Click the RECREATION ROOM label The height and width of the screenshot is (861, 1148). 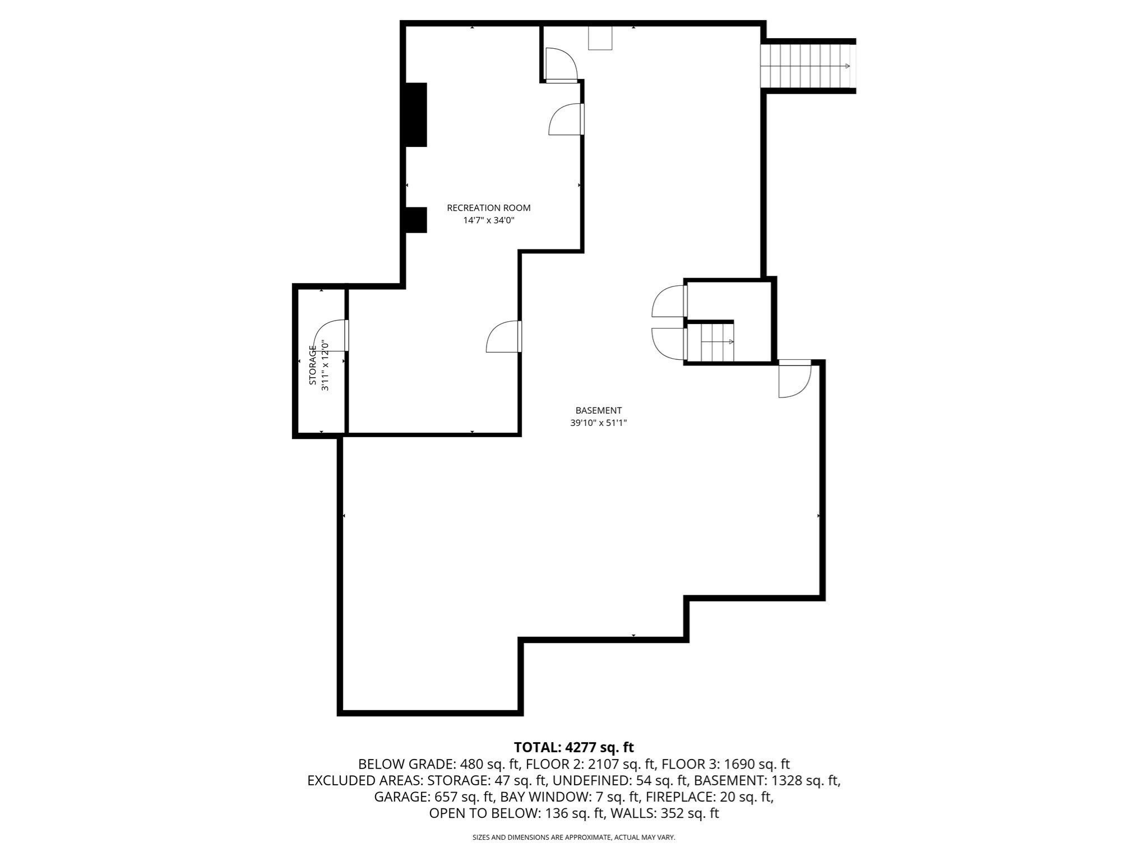click(x=488, y=208)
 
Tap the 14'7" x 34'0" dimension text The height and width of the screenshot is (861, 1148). click(x=488, y=221)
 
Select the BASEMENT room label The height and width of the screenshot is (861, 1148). click(x=598, y=410)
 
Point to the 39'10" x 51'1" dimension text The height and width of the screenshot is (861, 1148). click(x=598, y=423)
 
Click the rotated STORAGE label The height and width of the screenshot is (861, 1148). click(x=313, y=365)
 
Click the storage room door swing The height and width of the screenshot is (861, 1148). click(x=331, y=335)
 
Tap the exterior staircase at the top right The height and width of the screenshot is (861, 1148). click(x=807, y=66)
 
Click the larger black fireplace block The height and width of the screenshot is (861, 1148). click(x=416, y=115)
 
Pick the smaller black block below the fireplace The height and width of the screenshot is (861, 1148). click(x=416, y=220)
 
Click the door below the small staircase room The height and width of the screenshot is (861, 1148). click(x=794, y=380)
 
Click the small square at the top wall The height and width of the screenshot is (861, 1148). click(x=600, y=38)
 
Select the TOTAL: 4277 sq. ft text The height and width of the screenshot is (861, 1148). click(x=573, y=747)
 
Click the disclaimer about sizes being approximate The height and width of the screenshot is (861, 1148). click(x=573, y=837)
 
